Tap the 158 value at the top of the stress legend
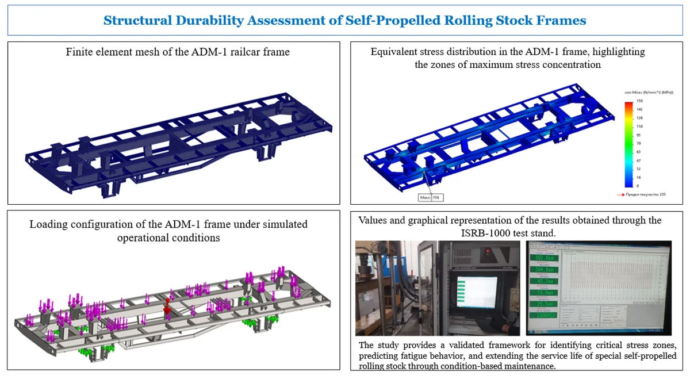pyautogui.click(x=639, y=101)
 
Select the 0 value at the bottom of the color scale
pyautogui.click(x=638, y=186)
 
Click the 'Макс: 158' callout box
pyautogui.click(x=431, y=197)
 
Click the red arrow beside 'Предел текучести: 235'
pyautogui.click(x=621, y=196)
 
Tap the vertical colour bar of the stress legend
pyautogui.click(x=629, y=144)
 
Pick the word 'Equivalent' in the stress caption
pyautogui.click(x=396, y=52)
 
